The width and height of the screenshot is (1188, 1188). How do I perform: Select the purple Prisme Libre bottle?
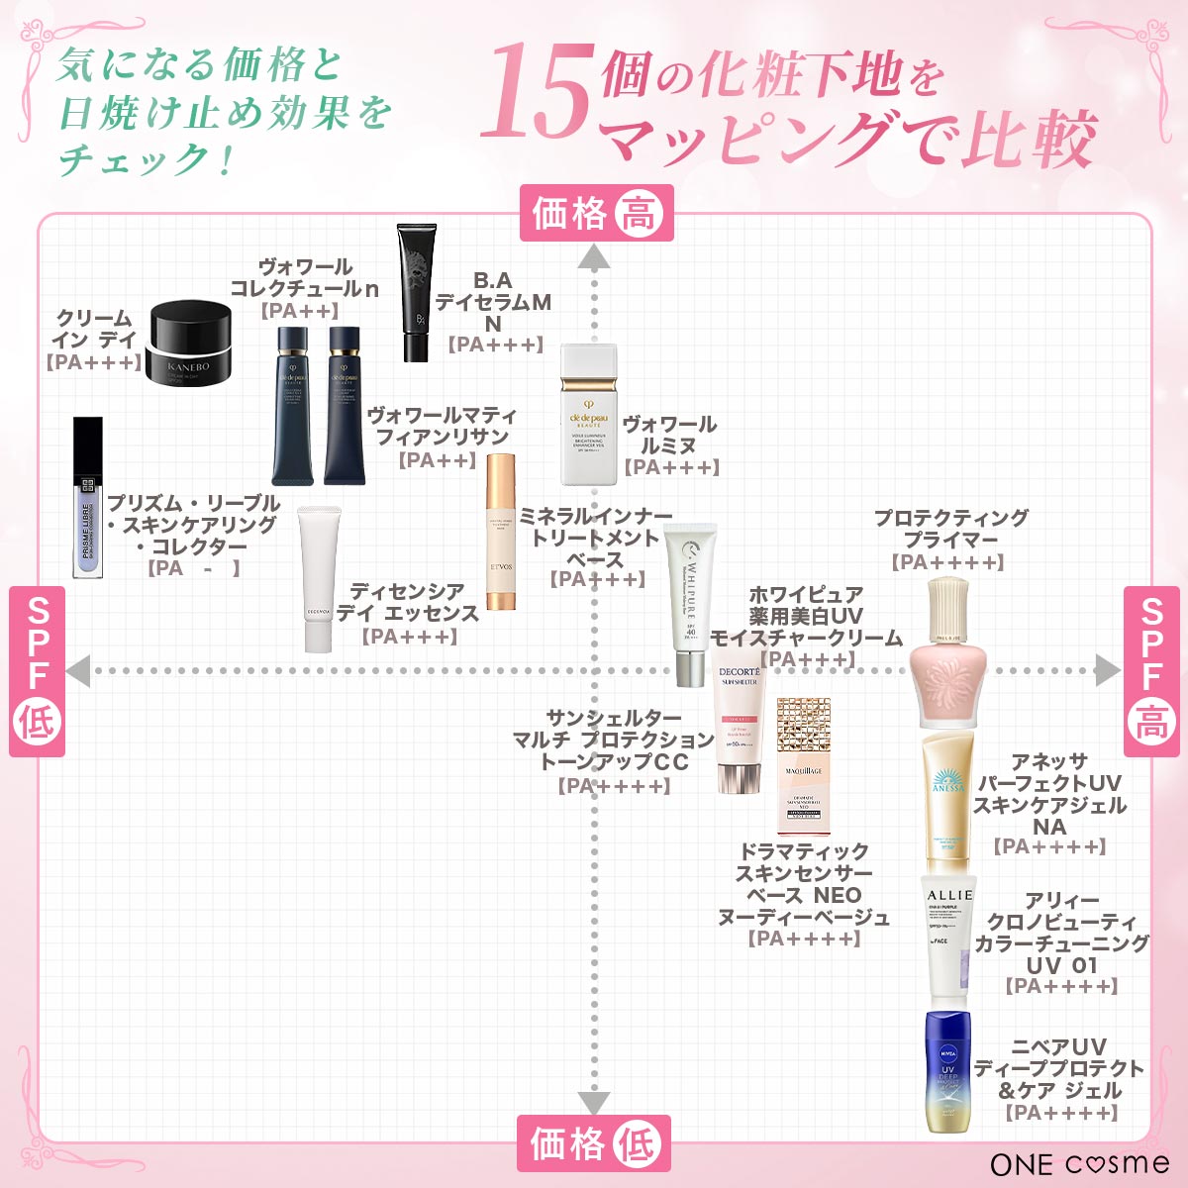tap(88, 497)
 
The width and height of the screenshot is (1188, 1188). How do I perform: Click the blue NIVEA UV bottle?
tap(948, 1071)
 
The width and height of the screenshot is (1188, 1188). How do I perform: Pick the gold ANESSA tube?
tap(947, 802)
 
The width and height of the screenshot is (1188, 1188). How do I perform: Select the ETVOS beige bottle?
tap(502, 533)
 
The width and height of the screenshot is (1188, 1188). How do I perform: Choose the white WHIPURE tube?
tap(690, 604)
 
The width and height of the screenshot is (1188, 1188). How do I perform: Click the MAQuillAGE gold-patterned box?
tap(803, 765)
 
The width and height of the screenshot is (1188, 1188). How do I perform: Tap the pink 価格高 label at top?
tap(597, 213)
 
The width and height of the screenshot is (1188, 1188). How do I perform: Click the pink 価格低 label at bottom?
tap(594, 1143)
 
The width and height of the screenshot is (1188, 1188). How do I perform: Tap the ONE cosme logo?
tap(1078, 1163)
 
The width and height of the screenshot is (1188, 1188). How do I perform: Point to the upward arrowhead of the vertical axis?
tap(594, 259)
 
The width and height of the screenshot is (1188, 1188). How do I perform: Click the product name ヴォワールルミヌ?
tap(670, 435)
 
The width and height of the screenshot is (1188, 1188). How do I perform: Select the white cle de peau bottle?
tap(588, 415)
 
